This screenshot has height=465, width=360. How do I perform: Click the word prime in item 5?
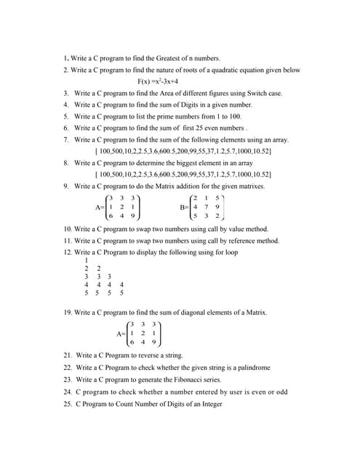pos(180,116)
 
